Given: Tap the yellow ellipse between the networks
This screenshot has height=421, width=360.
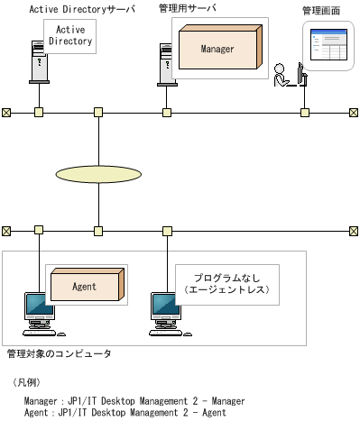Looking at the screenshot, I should pyautogui.click(x=98, y=171).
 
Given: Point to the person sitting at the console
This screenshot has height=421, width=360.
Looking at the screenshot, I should pyautogui.click(x=283, y=76).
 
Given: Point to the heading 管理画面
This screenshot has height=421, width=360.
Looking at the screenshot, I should pyautogui.click(x=320, y=11).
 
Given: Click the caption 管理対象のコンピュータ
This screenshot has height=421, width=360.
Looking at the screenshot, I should pyautogui.click(x=59, y=353).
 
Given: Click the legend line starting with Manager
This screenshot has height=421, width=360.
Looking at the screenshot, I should pyautogui.click(x=125, y=401).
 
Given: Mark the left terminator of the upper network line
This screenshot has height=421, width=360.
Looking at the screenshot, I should pyautogui.click(x=6, y=113).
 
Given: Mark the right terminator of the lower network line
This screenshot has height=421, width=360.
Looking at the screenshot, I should pyautogui.click(x=353, y=230).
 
